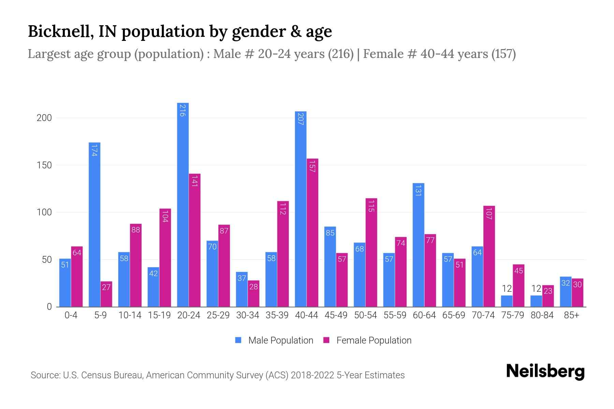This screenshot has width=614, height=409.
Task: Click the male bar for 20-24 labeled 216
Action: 183,204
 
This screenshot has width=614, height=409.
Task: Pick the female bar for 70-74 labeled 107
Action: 489,256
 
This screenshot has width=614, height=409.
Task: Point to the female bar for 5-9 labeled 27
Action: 106,294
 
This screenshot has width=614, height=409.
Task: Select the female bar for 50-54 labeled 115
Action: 371,252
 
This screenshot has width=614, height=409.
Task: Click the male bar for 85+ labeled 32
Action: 566,292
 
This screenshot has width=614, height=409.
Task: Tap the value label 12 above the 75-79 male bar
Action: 507,289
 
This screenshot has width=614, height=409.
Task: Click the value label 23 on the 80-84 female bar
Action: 548,291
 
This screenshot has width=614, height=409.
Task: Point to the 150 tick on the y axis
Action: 44,165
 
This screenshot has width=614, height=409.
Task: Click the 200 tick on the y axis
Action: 44,118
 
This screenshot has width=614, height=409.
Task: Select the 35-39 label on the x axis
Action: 277,315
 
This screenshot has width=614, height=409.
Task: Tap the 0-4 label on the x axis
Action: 71,315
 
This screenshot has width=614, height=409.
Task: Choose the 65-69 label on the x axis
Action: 454,315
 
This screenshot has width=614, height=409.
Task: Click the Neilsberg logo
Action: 545,372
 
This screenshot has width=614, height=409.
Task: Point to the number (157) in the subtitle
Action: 503,54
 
